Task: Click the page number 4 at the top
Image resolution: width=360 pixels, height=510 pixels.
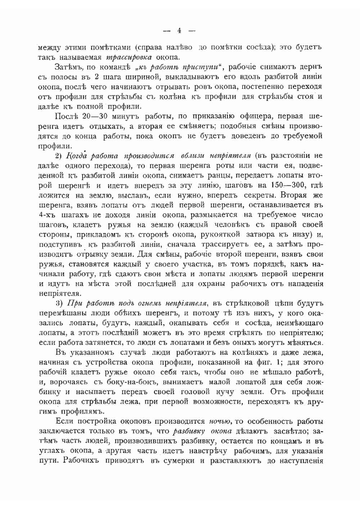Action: [x=179, y=31]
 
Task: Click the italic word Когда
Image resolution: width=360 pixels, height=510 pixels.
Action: [x=77, y=156]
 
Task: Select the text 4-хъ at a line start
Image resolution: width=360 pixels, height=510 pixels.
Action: [x=46, y=215]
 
